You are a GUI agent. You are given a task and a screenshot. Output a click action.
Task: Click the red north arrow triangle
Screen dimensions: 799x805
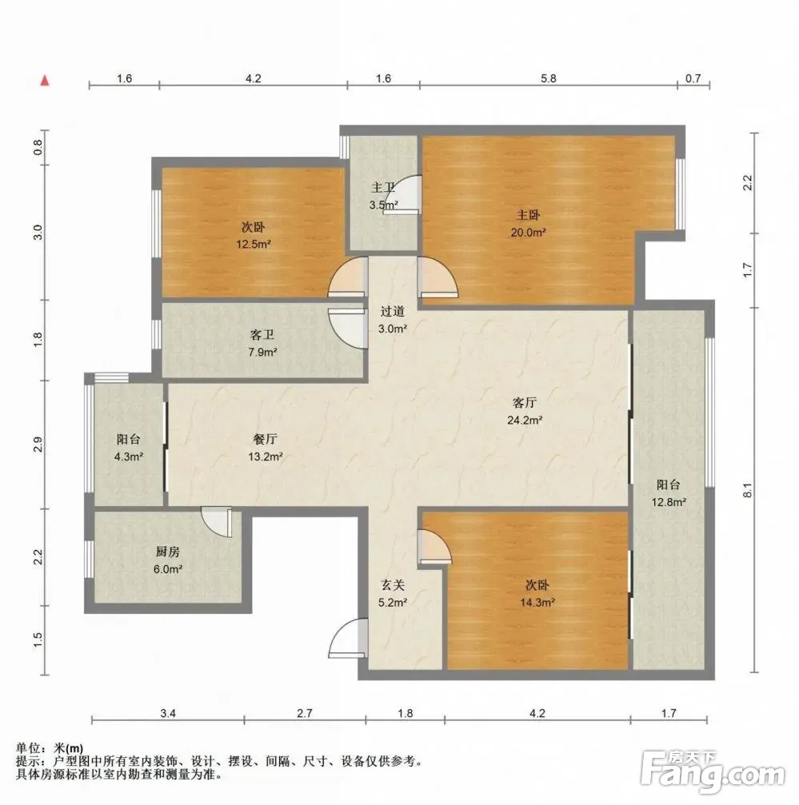45,80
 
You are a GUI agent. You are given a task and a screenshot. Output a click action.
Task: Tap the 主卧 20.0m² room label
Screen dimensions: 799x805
528,223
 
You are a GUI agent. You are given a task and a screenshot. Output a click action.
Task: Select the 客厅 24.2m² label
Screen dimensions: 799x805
525,411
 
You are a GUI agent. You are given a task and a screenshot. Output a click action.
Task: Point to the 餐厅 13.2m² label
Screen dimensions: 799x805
266,448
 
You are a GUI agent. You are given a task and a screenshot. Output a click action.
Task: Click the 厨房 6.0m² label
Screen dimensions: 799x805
168,560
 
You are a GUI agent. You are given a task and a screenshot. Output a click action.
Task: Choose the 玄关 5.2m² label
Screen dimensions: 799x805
393,593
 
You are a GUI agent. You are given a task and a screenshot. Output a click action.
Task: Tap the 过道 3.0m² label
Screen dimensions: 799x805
393,320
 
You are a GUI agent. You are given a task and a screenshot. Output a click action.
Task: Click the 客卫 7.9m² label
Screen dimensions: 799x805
262,344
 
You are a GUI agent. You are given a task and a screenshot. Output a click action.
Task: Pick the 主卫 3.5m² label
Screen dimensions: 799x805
384,197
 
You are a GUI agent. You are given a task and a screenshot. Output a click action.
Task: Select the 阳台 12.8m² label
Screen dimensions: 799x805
669,493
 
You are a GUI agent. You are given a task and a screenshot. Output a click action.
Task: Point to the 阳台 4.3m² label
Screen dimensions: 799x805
129,448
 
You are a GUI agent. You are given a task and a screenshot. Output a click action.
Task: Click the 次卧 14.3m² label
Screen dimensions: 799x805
537,593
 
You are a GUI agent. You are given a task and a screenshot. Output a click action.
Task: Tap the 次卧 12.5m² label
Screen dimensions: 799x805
254,236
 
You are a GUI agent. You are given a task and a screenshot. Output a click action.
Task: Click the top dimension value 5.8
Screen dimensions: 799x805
549,78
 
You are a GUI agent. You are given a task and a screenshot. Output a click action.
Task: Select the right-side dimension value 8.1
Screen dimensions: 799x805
748,490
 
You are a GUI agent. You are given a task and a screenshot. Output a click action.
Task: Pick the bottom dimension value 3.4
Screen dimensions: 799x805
168,713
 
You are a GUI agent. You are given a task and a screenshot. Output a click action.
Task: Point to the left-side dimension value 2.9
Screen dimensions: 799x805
38,444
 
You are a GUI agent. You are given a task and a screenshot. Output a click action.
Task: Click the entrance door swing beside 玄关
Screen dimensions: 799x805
349,638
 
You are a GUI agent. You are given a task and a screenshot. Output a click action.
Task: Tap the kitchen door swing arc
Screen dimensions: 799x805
217,522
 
